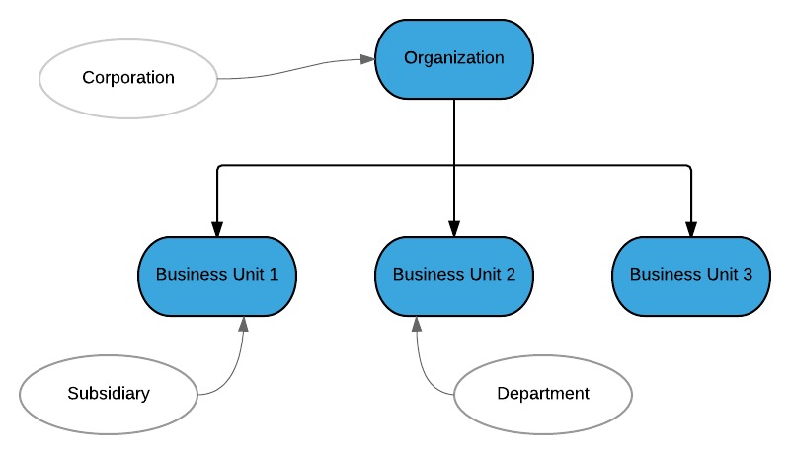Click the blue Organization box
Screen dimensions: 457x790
[x=454, y=58]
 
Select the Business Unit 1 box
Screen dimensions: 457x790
[x=217, y=275]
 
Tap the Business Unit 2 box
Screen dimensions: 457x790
[x=454, y=275]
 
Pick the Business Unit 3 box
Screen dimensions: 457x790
[x=691, y=275]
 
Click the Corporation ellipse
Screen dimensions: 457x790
[x=128, y=78]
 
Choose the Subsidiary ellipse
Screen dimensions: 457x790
[x=109, y=394]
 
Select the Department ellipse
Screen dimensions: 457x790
[x=543, y=394]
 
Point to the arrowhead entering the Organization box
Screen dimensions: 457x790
[x=367, y=59]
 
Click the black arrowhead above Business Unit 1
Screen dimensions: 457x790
[x=217, y=229]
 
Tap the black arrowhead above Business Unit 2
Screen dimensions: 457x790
[x=454, y=229]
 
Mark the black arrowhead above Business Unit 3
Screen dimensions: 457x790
[x=691, y=229]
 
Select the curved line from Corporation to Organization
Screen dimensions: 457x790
[x=291, y=69]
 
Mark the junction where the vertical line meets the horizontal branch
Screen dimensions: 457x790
[x=454, y=166]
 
